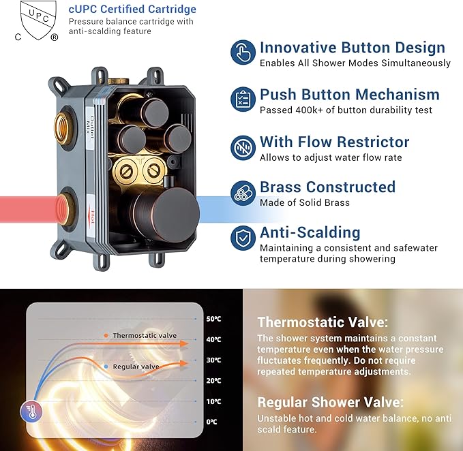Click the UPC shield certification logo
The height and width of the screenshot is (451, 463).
coord(36,20)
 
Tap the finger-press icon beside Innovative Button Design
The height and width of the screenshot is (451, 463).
coord(243,52)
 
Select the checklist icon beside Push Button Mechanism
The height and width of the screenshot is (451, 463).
coord(243,99)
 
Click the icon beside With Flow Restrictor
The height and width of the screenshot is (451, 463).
coord(243,147)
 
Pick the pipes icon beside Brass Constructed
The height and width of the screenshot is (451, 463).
coord(243,193)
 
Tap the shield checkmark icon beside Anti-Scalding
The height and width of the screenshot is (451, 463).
coord(243,238)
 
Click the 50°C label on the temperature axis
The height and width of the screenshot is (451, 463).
coord(214,319)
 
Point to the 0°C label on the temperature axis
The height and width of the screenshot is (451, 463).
coord(211,422)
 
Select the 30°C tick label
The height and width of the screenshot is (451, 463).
coord(214,360)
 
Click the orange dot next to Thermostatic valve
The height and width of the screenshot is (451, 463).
coord(106,335)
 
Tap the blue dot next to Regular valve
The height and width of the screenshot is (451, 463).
coord(106,367)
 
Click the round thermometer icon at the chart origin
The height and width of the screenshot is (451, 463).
coord(31,411)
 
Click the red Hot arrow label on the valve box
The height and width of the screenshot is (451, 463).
coord(92,217)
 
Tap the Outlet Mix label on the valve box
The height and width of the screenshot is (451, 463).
coord(90,125)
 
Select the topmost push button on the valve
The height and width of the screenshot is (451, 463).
coord(153,113)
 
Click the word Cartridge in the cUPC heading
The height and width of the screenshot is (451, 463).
coord(172,9)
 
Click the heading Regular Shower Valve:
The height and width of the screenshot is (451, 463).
coord(331,403)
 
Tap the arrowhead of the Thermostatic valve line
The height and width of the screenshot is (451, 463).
coord(185,343)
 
